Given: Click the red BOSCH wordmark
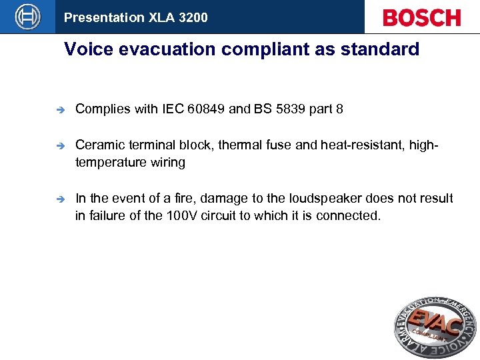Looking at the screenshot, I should pyautogui.click(x=421, y=17).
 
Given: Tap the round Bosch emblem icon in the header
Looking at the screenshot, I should pyautogui.click(x=27, y=17).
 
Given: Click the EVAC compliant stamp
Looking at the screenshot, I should pyautogui.click(x=435, y=327).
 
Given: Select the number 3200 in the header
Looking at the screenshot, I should pyautogui.click(x=193, y=17).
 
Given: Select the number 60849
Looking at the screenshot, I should pyautogui.click(x=206, y=109).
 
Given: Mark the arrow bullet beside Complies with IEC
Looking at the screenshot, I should pyautogui.click(x=59, y=109).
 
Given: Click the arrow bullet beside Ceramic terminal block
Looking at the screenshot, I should pyautogui.click(x=59, y=145).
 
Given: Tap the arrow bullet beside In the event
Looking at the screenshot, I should pyautogui.click(x=59, y=199).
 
